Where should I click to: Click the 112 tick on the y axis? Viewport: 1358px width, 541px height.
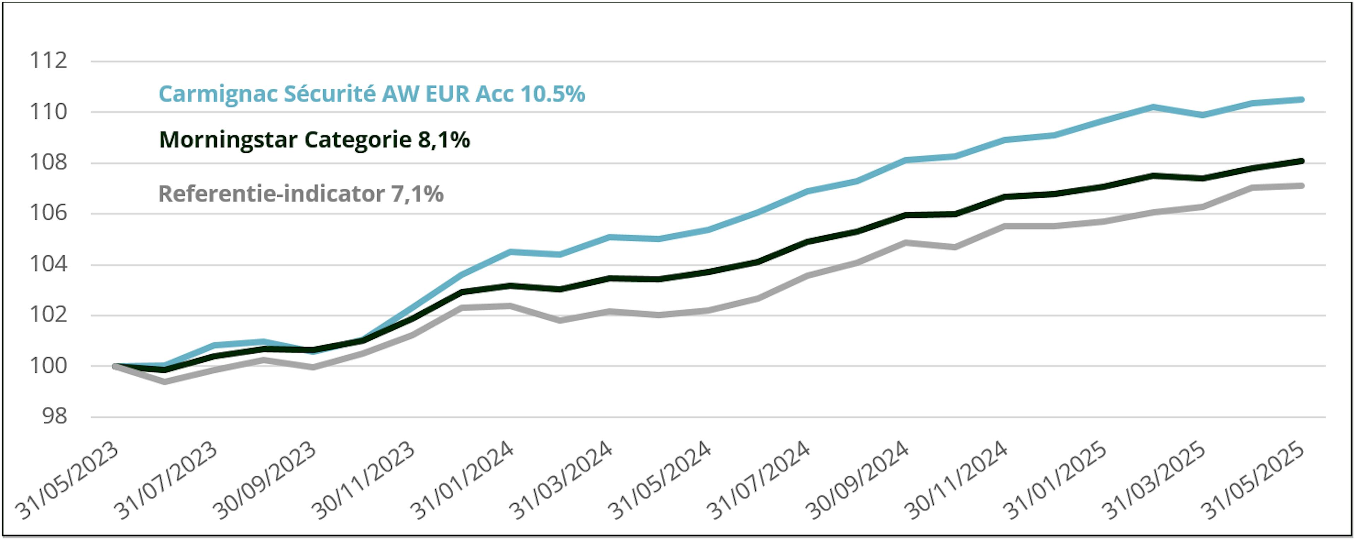click(x=48, y=60)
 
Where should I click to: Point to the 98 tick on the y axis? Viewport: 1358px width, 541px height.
click(x=55, y=417)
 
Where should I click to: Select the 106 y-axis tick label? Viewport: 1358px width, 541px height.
click(x=48, y=213)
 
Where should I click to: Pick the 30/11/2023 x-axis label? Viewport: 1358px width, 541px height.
click(x=363, y=481)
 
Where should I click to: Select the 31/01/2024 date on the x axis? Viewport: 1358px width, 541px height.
click(x=462, y=481)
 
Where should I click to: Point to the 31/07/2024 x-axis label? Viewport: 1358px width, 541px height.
click(x=758, y=481)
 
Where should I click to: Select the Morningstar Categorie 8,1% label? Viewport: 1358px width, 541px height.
click(x=314, y=140)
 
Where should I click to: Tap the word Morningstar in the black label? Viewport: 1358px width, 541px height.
click(x=229, y=140)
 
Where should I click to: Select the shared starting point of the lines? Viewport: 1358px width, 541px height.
click(x=115, y=366)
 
